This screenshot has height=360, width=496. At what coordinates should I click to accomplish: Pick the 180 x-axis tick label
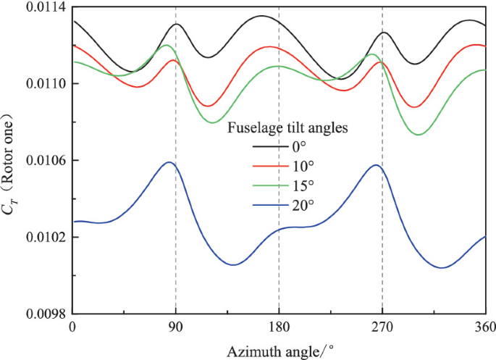coord(279,327)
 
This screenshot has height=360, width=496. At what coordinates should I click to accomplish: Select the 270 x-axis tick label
coord(382,327)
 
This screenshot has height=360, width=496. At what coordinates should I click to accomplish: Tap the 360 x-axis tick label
coord(484,327)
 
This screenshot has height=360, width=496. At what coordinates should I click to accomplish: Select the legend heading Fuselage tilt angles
coord(290,128)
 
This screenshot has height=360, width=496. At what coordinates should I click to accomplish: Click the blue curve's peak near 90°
coord(169,162)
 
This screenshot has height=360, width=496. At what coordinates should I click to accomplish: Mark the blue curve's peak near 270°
coord(375,165)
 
